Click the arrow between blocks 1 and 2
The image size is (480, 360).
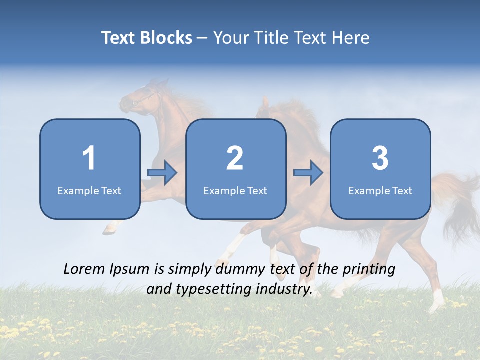pyautogui.click(x=163, y=173)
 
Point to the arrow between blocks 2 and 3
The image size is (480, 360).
pyautogui.click(x=308, y=173)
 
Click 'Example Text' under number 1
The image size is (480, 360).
pyautogui.click(x=89, y=190)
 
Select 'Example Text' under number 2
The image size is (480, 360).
pyautogui.click(x=235, y=190)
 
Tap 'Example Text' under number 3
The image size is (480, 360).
pyautogui.click(x=380, y=190)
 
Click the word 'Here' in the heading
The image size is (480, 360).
pyautogui.click(x=350, y=38)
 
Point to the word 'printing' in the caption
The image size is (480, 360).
pyautogui.click(x=369, y=269)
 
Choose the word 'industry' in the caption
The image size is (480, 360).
pyautogui.click(x=286, y=289)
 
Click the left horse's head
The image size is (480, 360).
pyautogui.click(x=137, y=97)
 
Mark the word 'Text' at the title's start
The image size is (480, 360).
pyautogui.click(x=118, y=38)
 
